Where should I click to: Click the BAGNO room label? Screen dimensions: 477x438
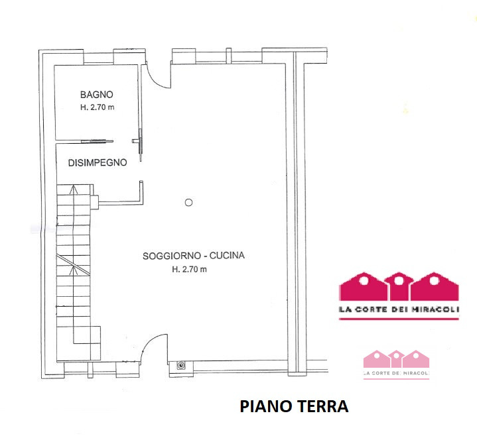coord(97,95)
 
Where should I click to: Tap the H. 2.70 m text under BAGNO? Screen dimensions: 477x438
coord(98,107)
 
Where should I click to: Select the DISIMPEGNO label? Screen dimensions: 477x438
coord(98,162)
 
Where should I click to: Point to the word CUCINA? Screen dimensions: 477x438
coord(227,256)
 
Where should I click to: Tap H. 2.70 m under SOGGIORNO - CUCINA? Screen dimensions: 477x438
coord(189,269)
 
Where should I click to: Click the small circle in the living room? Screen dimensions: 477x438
coord(188,202)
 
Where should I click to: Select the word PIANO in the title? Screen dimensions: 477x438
coord(266,406)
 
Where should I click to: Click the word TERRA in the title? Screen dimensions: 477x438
coord(322,406)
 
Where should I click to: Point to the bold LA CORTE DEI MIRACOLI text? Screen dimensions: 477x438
coord(399,309)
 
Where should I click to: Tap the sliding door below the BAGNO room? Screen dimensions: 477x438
coord(97,141)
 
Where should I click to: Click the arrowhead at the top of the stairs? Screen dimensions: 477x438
coord(73,190)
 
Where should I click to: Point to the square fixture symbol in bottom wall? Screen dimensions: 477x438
coord(181,365)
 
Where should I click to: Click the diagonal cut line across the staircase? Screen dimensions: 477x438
coord(73,265)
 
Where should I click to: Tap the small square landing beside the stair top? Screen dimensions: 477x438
coord(95,202)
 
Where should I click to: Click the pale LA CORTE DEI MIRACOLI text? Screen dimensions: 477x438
coord(396,373)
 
